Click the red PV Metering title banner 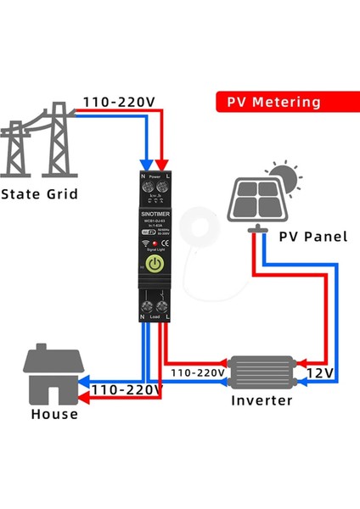tap(273, 102)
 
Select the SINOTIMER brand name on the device tap(155, 215)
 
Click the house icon tap(56, 375)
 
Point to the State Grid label tap(39, 194)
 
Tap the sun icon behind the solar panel tap(288, 177)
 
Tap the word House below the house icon tap(54, 415)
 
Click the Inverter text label tap(262, 400)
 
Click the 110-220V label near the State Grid tap(120, 103)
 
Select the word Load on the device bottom tap(155, 316)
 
